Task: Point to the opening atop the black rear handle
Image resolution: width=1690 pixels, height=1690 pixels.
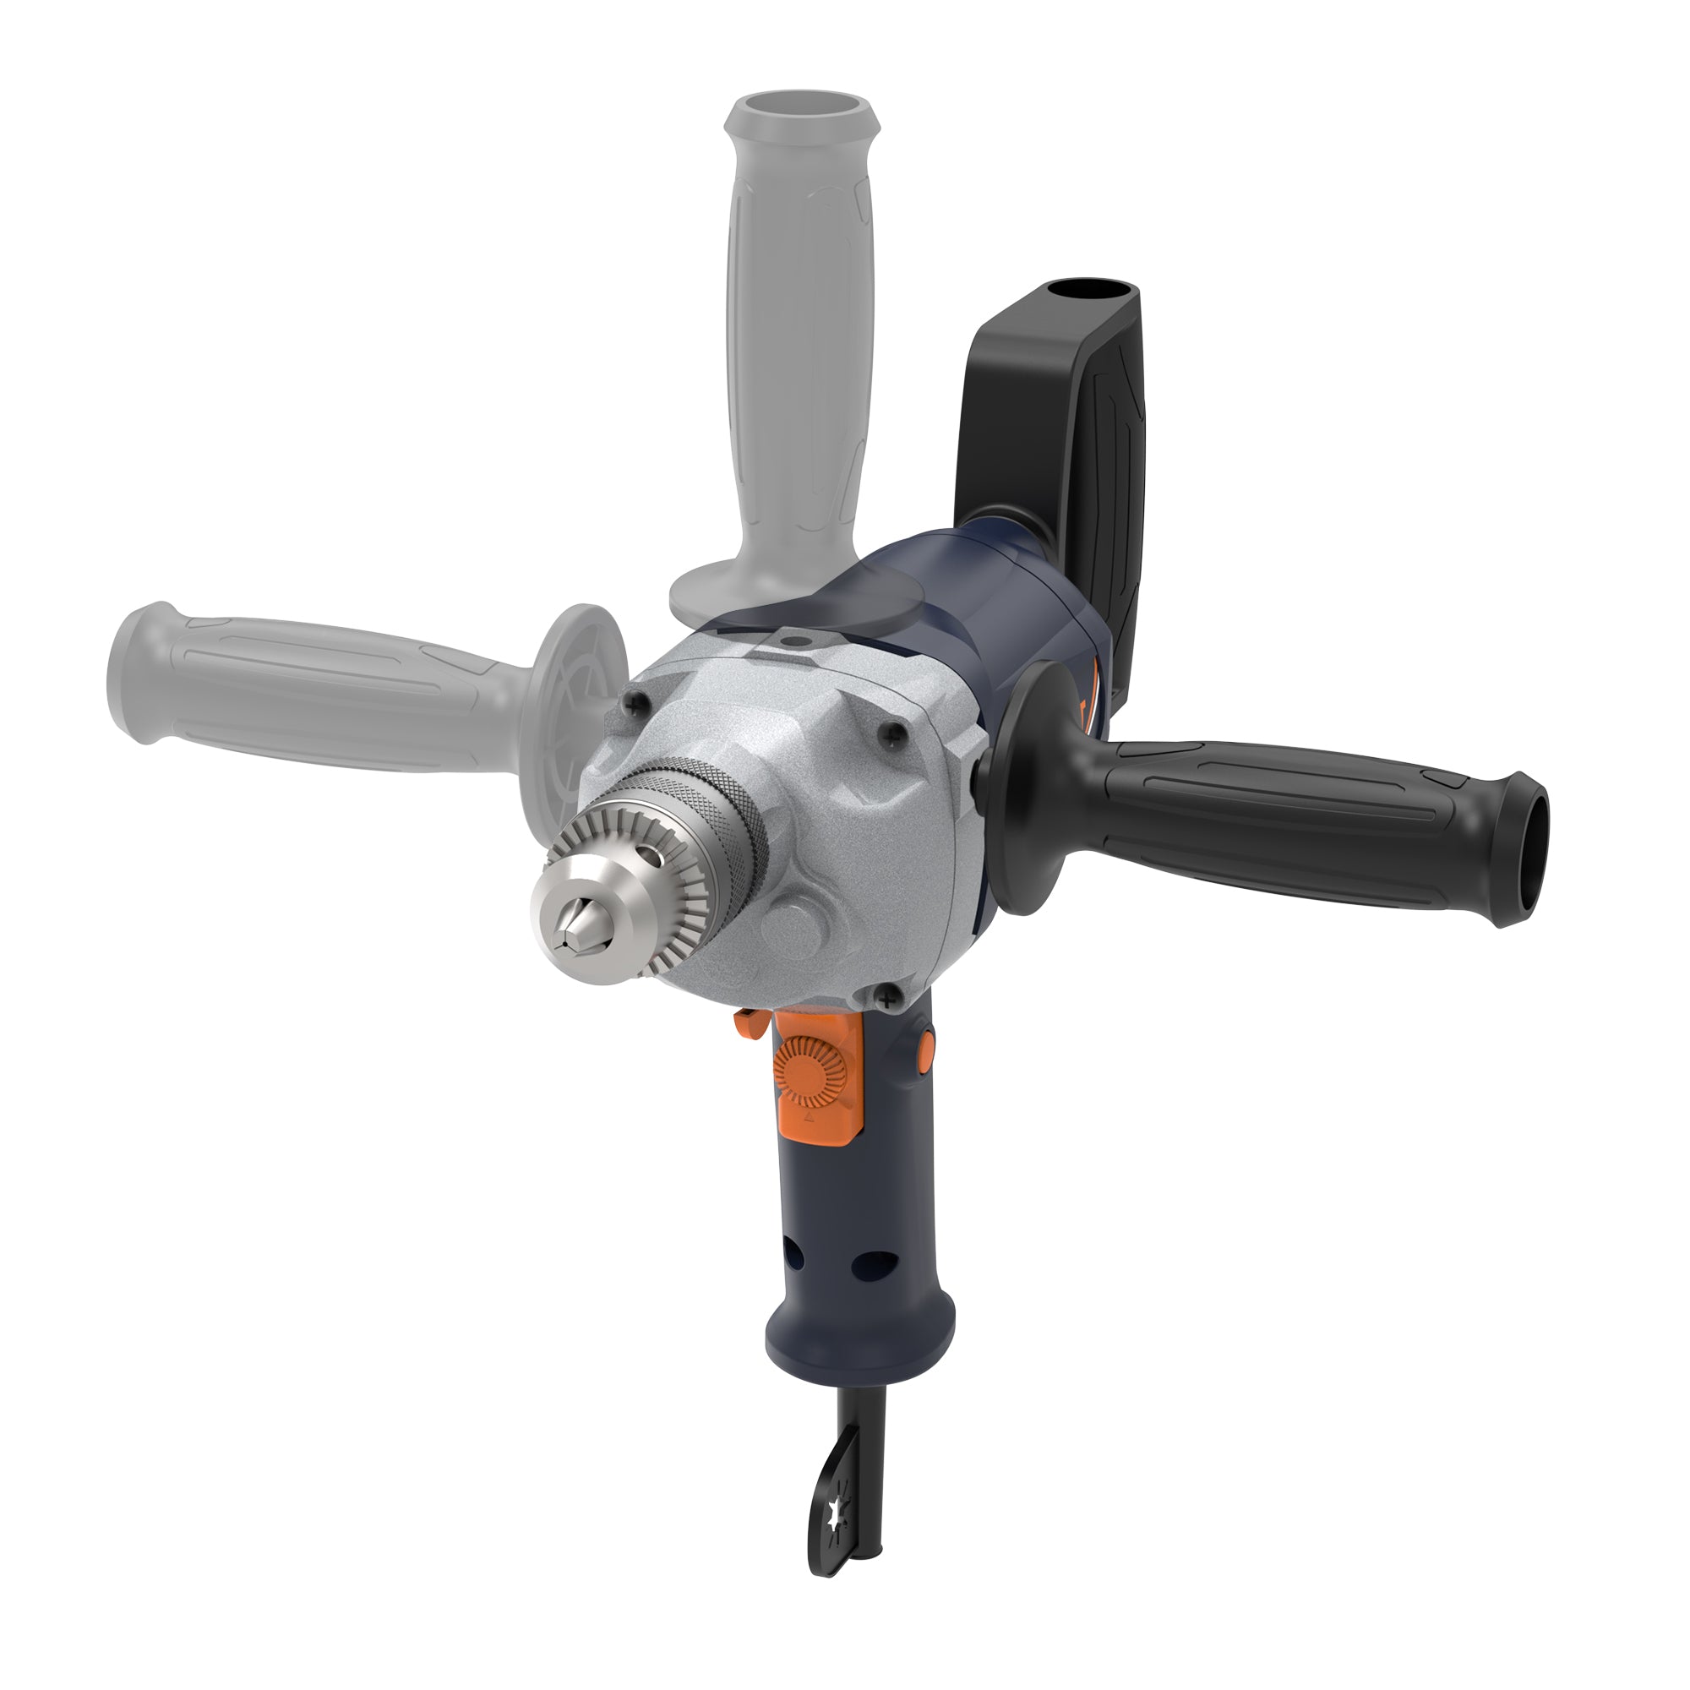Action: [x=1087, y=292]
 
